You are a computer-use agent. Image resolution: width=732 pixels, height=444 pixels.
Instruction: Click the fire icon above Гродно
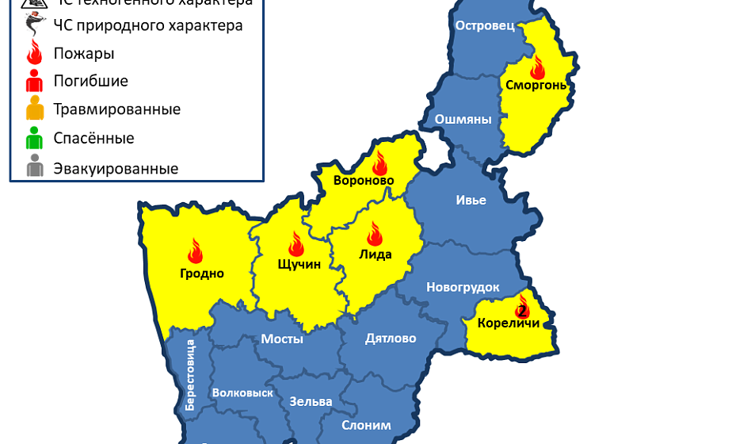point(196,251)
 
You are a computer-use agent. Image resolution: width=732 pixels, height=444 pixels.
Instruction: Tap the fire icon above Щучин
point(296,243)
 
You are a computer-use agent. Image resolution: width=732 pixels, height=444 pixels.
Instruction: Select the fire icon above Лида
point(375,234)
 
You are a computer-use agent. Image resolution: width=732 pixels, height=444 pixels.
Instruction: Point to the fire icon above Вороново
point(379,163)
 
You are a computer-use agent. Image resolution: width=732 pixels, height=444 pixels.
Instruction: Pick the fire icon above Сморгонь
point(538,67)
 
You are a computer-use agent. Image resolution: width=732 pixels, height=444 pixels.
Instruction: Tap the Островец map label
point(485,25)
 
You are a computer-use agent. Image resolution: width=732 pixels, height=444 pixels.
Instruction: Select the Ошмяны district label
point(463,120)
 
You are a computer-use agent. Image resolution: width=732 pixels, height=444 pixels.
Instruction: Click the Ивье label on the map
point(471,200)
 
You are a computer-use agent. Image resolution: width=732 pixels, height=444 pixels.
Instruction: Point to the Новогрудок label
point(463,287)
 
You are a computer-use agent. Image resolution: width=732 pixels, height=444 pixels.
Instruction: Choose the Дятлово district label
point(391,339)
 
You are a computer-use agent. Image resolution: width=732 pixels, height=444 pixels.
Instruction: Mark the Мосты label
point(282,339)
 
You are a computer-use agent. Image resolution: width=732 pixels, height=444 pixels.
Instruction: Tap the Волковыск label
point(242,392)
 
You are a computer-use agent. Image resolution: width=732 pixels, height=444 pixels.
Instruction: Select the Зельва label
point(311,401)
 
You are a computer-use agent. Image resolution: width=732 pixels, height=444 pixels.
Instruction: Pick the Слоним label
point(366,425)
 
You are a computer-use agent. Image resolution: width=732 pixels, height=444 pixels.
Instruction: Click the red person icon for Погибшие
point(34,81)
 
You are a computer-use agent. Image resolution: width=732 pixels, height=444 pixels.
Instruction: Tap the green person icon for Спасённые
point(34,139)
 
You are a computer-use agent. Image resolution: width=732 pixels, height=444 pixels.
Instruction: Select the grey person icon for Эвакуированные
point(34,168)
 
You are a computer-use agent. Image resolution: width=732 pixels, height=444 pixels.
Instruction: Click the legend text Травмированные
point(116,109)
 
